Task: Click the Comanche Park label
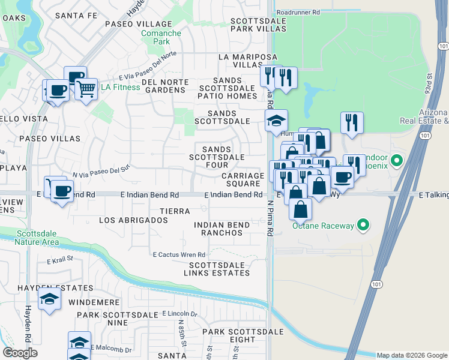pos(161,38)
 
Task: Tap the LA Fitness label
pos(120,87)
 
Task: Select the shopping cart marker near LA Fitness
pos(86,89)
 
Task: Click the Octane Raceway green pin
pos(363,226)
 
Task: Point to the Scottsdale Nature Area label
pos(38,238)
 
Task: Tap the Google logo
pos(20,353)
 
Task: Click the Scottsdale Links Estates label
pos(219,269)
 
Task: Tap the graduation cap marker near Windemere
pos(49,299)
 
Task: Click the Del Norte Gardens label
pos(163,86)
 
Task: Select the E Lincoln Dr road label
pos(179,314)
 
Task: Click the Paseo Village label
pos(139,24)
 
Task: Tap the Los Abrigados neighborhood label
pos(133,220)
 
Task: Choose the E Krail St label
pos(59,259)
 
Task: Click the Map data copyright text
pos(412,355)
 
